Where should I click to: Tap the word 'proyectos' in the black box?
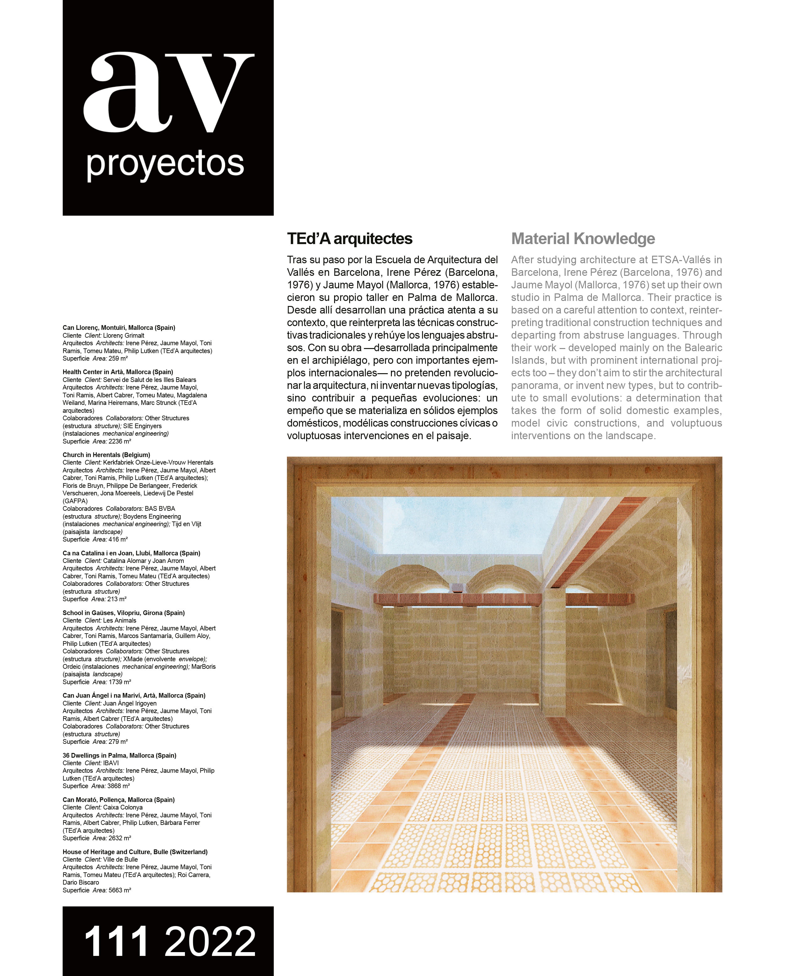[x=165, y=164]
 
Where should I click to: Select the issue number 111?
[x=116, y=941]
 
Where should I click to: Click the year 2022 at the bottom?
[x=210, y=941]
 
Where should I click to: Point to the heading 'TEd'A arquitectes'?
[x=349, y=238]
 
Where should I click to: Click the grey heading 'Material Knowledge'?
[x=583, y=238]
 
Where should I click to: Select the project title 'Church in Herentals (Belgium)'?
[x=106, y=455]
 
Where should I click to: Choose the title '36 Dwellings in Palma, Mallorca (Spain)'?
[x=119, y=755]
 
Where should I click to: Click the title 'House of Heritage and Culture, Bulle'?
[x=135, y=852]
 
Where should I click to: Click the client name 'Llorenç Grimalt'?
[x=123, y=335]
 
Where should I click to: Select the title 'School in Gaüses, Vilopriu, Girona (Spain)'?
[x=123, y=613]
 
